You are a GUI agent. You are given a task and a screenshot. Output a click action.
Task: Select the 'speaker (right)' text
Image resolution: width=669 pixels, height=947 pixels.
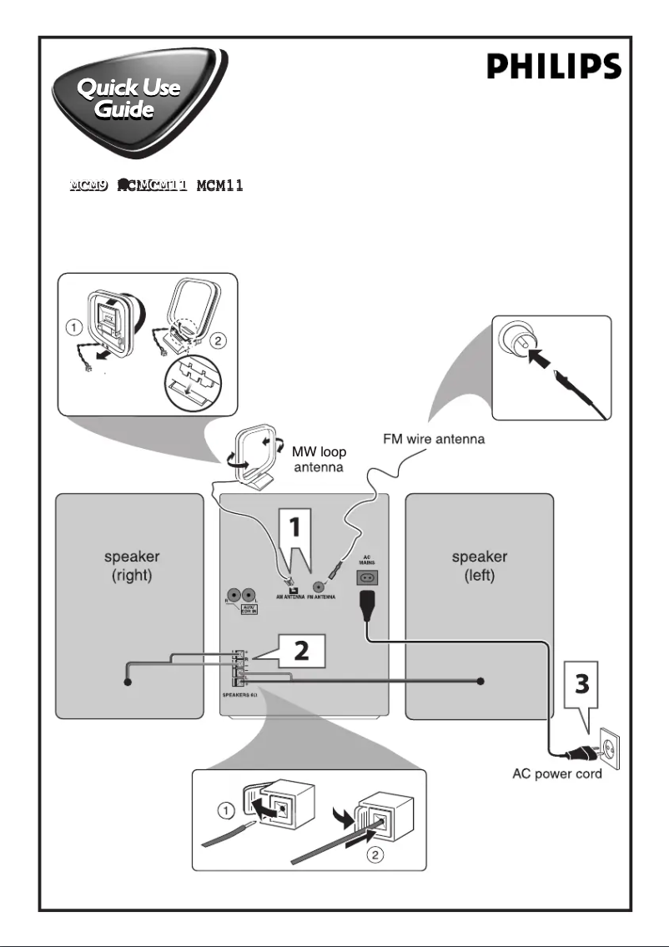tap(128, 564)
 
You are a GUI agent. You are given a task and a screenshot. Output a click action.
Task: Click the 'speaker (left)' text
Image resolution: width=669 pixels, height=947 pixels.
tap(479, 564)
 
